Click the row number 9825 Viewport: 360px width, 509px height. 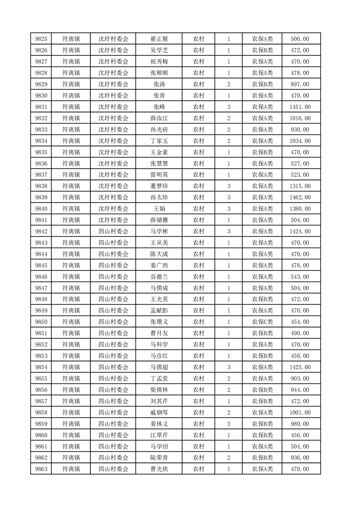41,39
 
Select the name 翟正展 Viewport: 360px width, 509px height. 159,39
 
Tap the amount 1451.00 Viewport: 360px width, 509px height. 300,107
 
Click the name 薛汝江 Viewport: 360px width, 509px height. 159,118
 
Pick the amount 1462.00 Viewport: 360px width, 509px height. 300,198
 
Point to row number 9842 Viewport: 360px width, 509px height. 41,231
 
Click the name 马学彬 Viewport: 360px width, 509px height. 159,231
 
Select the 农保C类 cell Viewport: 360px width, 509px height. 262,322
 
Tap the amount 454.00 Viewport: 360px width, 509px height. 300,322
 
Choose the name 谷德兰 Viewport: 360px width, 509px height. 159,277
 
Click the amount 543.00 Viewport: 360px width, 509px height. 300,277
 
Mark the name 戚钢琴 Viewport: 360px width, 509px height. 159,412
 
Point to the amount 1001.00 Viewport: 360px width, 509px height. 300,412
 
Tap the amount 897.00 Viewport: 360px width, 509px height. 300,84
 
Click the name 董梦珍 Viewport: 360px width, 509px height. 159,186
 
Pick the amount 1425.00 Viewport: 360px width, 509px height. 300,367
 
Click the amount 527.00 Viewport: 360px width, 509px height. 300,164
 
